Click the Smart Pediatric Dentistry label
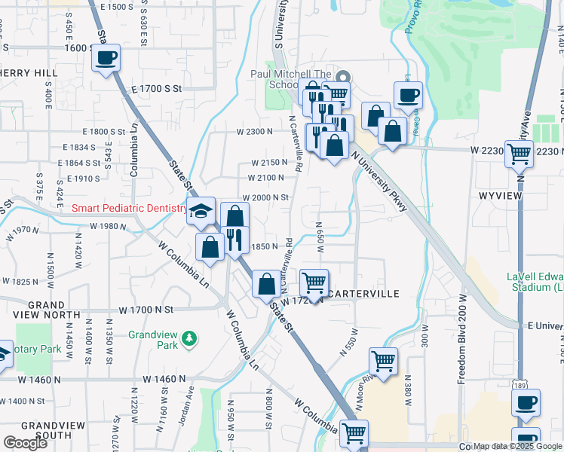point(128,208)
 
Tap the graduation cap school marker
point(201,211)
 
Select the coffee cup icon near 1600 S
point(106,58)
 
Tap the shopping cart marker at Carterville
point(314,283)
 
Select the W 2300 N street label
point(254,132)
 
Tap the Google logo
point(25,443)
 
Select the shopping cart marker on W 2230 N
point(519,153)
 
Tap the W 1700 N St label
point(146,310)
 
